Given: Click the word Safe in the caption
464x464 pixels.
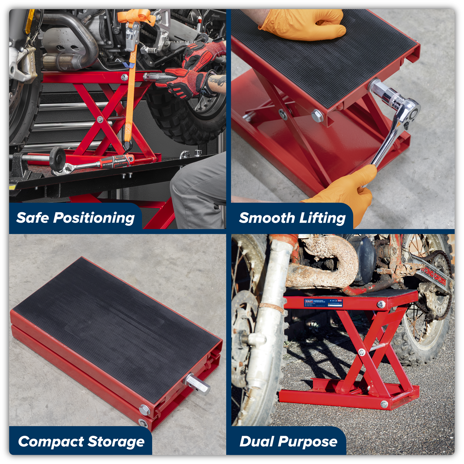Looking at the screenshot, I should point(32,218).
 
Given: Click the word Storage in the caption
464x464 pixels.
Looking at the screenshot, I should point(116,442).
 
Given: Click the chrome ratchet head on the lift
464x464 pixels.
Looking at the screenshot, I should point(408,110).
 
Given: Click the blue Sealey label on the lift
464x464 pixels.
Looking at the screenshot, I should point(323,303).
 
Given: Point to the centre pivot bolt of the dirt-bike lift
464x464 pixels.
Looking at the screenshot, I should point(362,352).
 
